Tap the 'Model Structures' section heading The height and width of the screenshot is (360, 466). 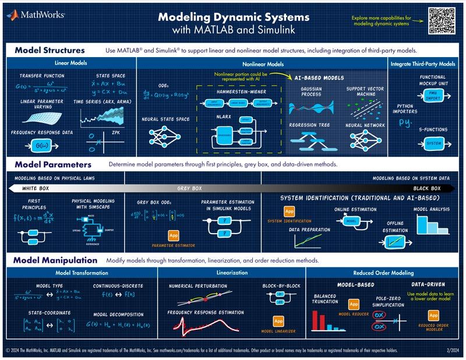coord(50,50)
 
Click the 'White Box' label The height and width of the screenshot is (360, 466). coord(38,188)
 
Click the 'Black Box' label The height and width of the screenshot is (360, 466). coord(427,188)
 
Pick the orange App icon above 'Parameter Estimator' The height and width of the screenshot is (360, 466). coord(173,236)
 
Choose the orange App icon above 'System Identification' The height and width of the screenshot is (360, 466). coord(290,211)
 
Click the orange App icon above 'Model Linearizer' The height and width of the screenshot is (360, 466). coord(278,321)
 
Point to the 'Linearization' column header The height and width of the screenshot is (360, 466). coord(232,273)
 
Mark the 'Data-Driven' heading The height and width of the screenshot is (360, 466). coord(432,285)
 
